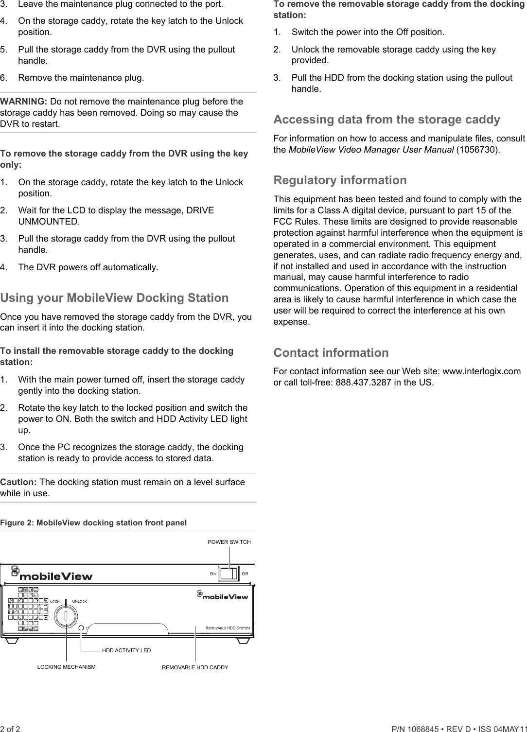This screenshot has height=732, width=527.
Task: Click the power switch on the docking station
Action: [x=228, y=574]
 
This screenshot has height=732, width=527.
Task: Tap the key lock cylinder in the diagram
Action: [x=66, y=616]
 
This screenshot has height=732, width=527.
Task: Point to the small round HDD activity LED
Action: [x=81, y=628]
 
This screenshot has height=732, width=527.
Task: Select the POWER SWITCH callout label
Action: [x=229, y=542]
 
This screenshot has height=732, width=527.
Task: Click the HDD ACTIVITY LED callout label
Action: [x=126, y=650]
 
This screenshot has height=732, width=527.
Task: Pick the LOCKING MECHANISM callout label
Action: [x=67, y=667]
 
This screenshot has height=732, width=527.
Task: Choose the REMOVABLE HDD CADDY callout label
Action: [x=195, y=667]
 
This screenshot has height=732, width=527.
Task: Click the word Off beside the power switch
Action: [x=245, y=574]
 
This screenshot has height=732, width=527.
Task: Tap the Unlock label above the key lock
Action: [x=80, y=601]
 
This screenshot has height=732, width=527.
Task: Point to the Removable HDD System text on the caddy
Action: [x=228, y=628]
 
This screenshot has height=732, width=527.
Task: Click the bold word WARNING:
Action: [x=24, y=102]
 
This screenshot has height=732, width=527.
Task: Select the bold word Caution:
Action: [x=18, y=482]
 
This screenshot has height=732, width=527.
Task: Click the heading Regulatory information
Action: [x=340, y=180]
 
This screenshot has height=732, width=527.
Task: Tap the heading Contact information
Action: [x=331, y=352]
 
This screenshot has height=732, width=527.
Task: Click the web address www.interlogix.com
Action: [x=482, y=371]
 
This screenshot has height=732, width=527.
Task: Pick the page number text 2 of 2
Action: [x=10, y=729]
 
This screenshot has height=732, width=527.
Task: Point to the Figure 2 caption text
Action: [x=93, y=523]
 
